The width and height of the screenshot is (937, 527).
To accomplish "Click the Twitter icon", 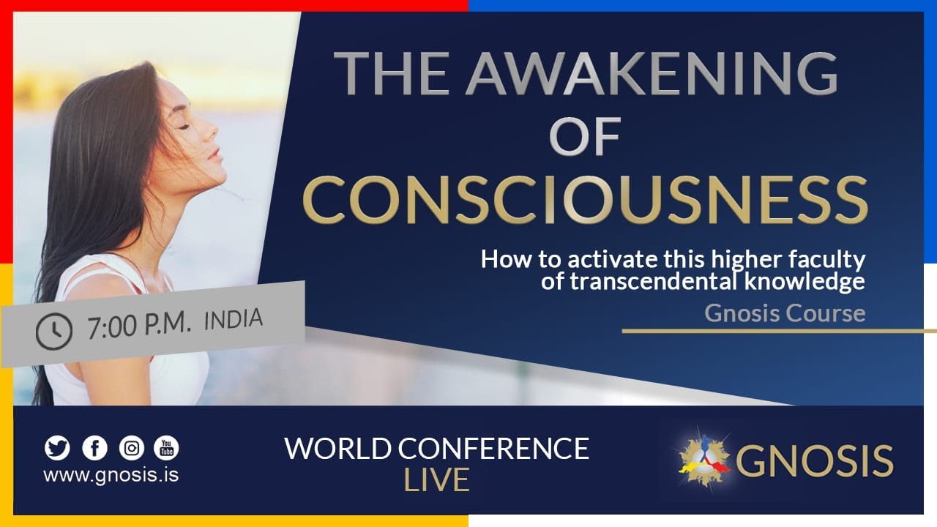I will (x=57, y=447).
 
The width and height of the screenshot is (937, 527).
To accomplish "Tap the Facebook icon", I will (x=94, y=447).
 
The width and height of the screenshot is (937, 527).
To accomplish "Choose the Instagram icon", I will (x=132, y=447).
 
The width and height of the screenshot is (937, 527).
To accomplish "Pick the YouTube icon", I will (x=166, y=447).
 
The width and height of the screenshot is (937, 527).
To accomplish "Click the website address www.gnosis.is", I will (x=111, y=474).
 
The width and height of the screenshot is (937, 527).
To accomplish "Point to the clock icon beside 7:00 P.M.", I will (x=54, y=332).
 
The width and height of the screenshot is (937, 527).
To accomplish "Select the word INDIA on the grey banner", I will (x=234, y=320).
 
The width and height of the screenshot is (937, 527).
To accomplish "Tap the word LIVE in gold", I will (x=436, y=480).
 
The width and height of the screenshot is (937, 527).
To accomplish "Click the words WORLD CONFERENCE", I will (x=436, y=448).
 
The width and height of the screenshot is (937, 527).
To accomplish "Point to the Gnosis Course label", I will (x=785, y=313).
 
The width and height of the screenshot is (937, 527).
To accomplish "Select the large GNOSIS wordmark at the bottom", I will (x=815, y=460).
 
